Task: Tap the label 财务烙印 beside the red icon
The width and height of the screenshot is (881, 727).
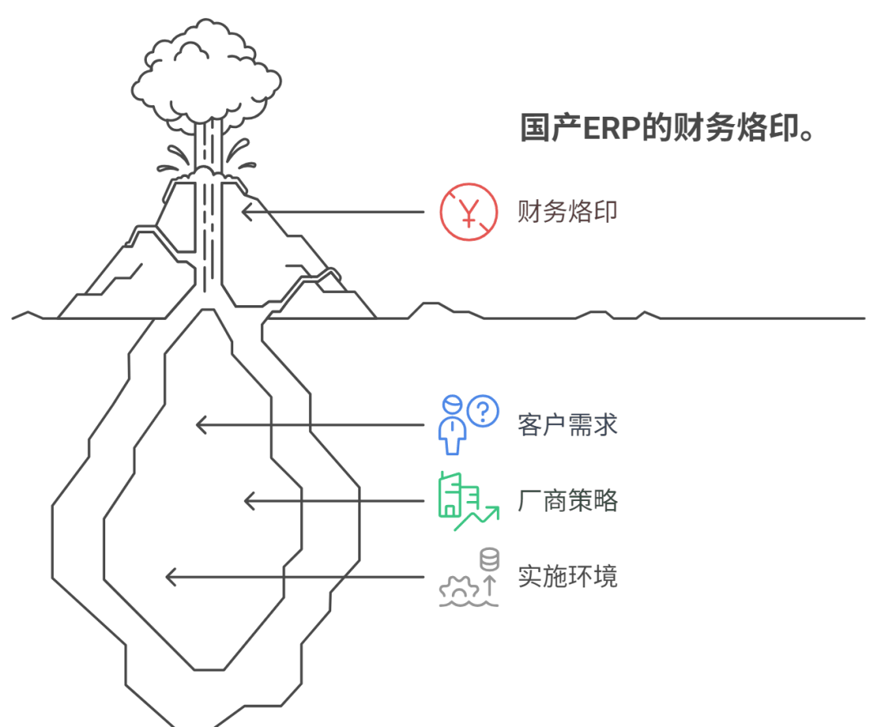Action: coord(568,212)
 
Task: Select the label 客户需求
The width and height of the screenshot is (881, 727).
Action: coord(568,425)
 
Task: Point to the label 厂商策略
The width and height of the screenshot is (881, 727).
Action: coord(568,500)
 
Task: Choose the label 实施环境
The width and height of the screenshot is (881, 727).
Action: coord(568,577)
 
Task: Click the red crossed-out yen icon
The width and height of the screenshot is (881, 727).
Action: coord(468,212)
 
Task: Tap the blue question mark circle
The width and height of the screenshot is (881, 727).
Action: coord(484,410)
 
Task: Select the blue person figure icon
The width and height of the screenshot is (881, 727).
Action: coord(452,426)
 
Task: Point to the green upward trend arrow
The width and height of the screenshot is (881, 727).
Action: coord(478,517)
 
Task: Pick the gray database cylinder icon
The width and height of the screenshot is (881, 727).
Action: coord(489,561)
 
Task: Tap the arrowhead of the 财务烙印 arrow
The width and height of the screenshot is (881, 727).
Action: coord(246,212)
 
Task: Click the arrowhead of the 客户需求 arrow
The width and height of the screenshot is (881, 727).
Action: coord(199,425)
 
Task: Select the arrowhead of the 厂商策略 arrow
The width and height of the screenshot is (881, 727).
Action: coord(248,500)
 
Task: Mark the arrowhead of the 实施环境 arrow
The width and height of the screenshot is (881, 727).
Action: coord(170,577)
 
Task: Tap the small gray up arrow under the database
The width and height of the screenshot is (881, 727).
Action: coord(489,585)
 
